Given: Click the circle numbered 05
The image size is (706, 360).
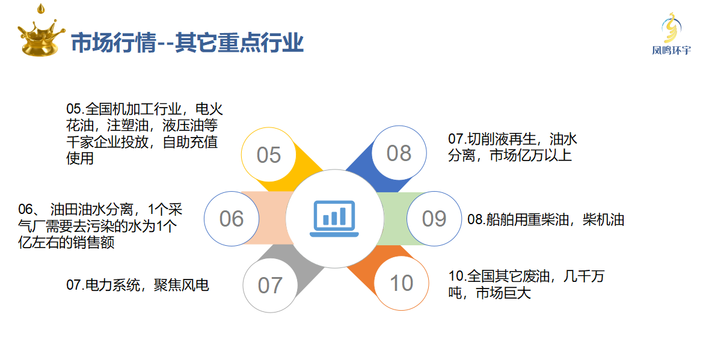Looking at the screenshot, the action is [269, 155].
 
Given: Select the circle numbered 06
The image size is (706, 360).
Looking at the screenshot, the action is [232, 219].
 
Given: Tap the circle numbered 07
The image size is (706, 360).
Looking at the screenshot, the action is [270, 285].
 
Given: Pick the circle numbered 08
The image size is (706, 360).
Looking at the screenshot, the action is [399, 153].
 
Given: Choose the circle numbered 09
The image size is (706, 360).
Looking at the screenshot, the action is [434, 219].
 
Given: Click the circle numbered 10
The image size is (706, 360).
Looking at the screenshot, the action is [401, 283].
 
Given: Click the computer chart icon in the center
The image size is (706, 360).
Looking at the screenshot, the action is [334, 219].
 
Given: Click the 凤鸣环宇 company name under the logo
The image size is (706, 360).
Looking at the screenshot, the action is [671, 50].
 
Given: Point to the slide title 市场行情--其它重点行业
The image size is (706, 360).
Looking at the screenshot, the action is [187, 43].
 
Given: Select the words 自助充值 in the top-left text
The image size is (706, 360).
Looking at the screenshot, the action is [190, 142].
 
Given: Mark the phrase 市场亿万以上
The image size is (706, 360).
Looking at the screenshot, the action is [530, 155].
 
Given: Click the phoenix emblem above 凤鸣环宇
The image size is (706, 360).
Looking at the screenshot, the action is [671, 28].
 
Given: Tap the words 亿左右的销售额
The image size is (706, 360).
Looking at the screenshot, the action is [66, 242].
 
